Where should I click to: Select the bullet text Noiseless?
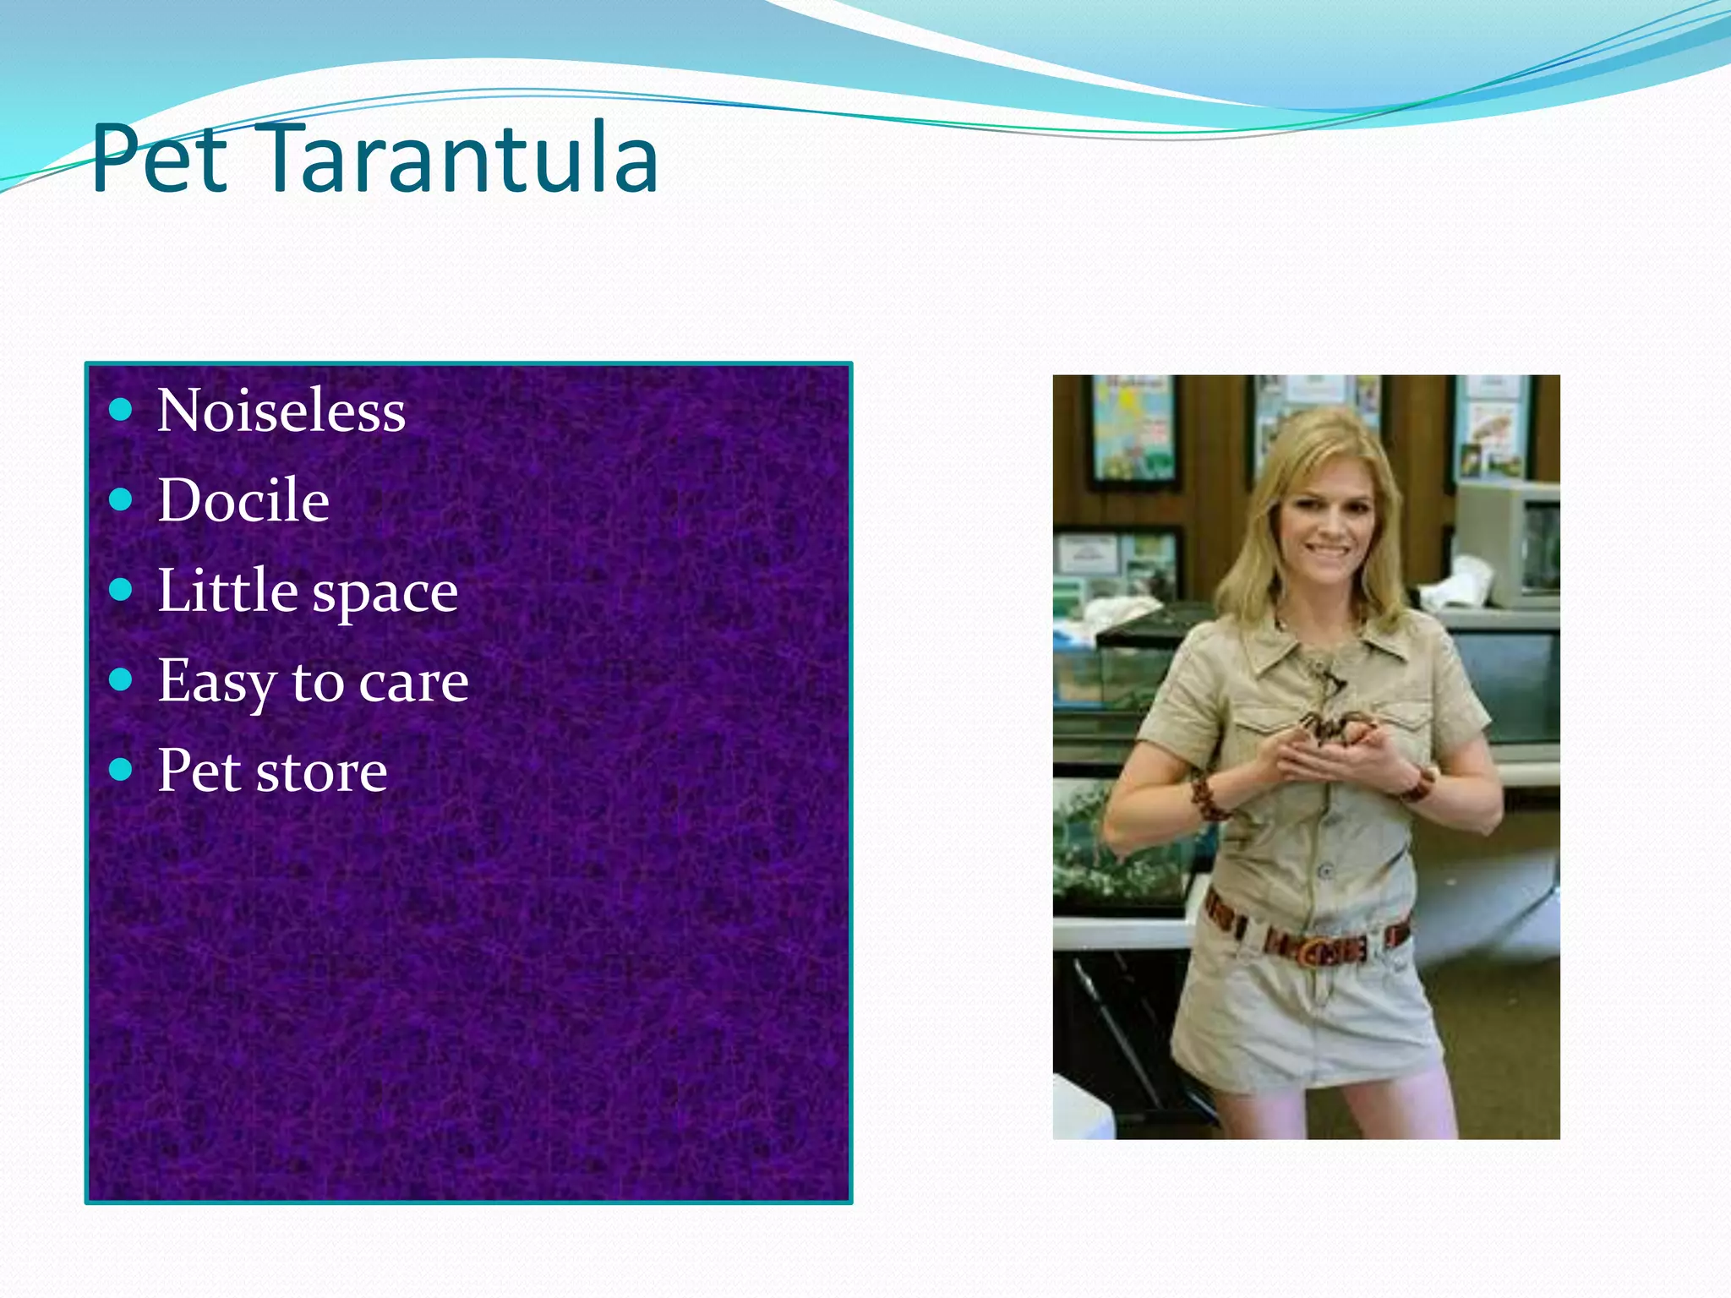coord(281,412)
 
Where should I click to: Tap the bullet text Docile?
coord(243,501)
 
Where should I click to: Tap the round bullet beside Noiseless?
coord(121,411)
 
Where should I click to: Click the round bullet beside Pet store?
coord(121,770)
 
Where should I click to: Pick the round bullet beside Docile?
coord(121,500)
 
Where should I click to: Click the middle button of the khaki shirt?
coord(1325,870)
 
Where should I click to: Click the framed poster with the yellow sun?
coord(1132,430)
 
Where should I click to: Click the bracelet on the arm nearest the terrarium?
coord(1207,798)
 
